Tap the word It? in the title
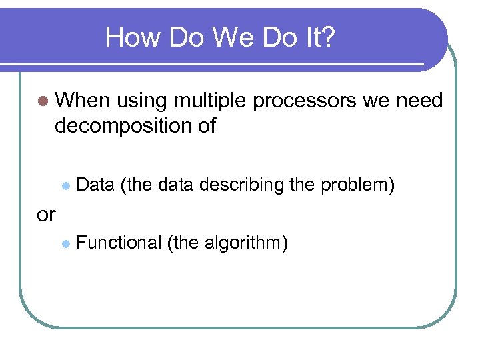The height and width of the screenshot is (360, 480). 320,38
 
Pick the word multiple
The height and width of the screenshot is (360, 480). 210,101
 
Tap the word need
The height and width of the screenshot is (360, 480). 419,101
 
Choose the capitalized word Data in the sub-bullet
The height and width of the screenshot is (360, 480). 96,185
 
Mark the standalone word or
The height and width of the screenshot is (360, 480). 46,214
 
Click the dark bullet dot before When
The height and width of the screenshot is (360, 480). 43,101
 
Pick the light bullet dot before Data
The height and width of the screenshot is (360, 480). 65,185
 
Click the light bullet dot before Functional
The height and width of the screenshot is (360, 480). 65,243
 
